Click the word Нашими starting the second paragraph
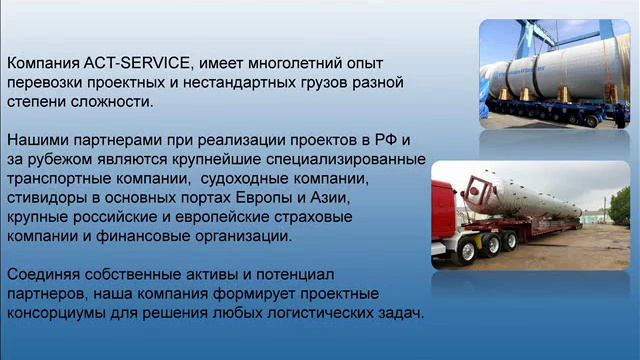pyautogui.click(x=38, y=140)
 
